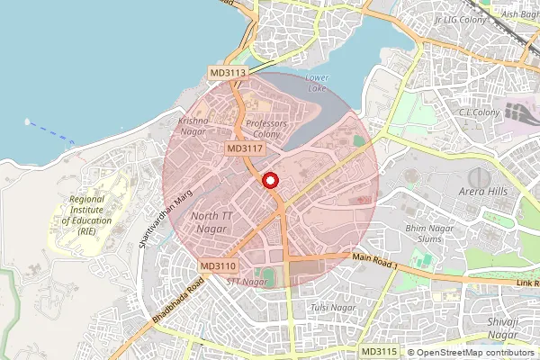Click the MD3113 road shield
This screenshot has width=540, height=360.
click(229, 72)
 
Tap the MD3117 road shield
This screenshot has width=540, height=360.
click(245, 148)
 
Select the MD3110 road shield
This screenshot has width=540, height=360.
click(218, 266)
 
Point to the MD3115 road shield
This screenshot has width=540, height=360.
click(378, 351)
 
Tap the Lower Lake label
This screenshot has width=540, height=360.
click(317, 84)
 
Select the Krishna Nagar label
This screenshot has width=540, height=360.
click(193, 126)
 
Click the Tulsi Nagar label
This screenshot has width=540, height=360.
click(333, 308)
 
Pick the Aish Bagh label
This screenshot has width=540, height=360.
click(521, 14)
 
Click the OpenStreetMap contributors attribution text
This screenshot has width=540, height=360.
click(472, 353)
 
